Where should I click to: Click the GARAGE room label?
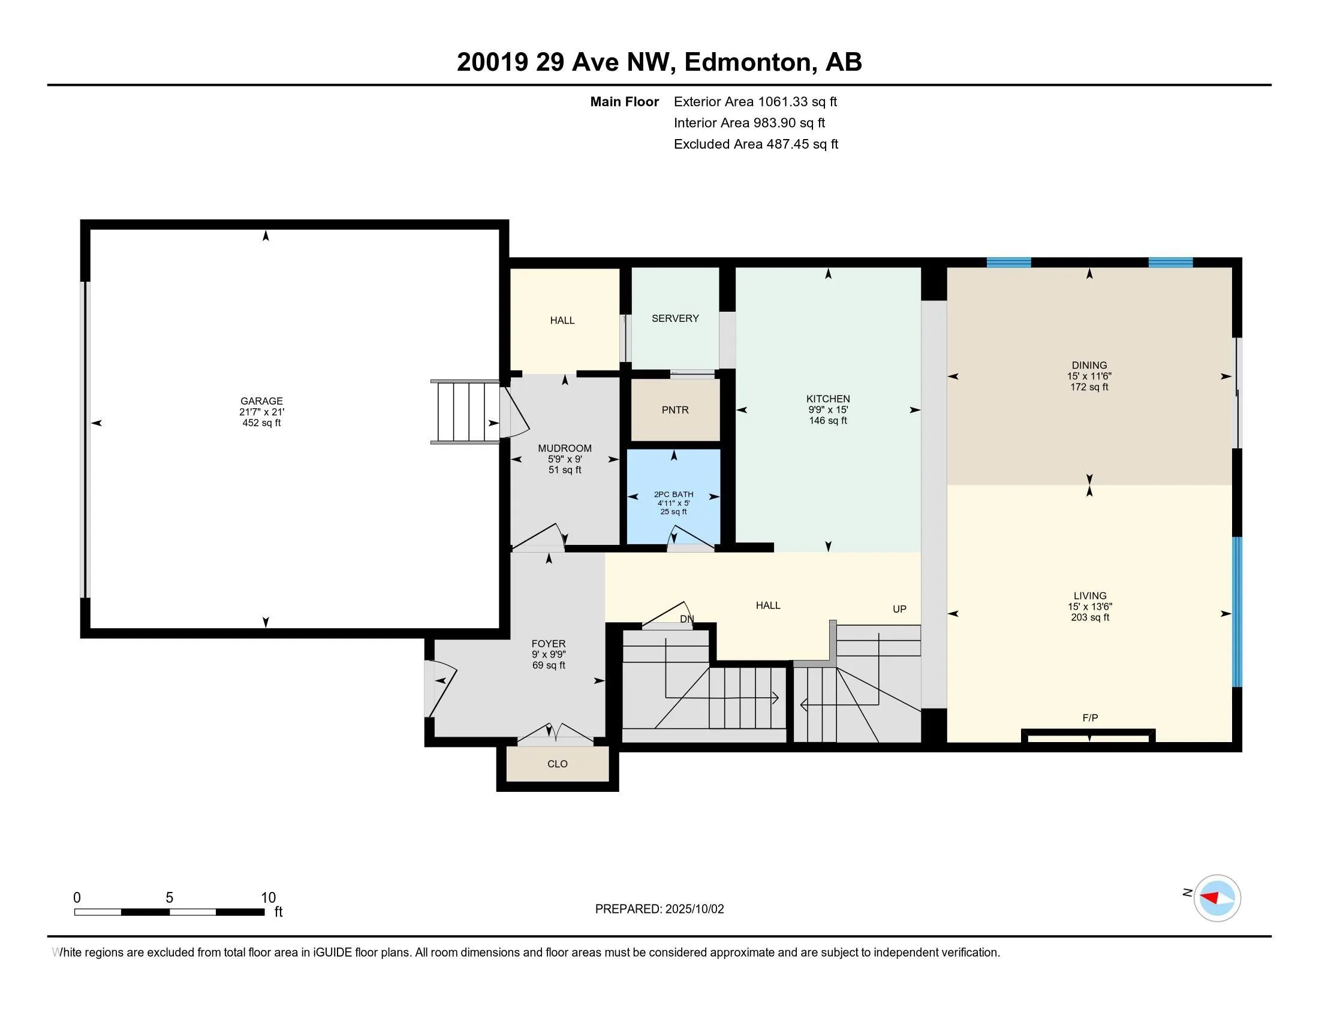click(261, 401)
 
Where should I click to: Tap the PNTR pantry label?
click(674, 410)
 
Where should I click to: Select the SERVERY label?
click(675, 318)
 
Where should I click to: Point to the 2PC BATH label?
click(673, 494)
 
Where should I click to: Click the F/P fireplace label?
click(1090, 717)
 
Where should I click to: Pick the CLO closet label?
click(558, 764)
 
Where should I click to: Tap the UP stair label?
click(900, 609)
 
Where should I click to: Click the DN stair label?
click(687, 619)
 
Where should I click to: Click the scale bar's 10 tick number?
click(268, 898)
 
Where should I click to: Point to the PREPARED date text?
click(659, 909)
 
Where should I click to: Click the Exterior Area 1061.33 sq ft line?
click(755, 101)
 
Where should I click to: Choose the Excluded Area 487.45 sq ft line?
click(756, 144)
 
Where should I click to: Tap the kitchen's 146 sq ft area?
click(828, 420)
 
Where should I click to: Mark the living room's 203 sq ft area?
click(1090, 617)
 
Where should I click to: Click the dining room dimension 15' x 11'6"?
click(1089, 375)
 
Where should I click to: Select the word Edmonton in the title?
click(748, 62)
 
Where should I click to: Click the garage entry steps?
click(465, 412)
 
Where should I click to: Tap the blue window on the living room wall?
click(1237, 611)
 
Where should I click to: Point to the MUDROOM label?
click(565, 448)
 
